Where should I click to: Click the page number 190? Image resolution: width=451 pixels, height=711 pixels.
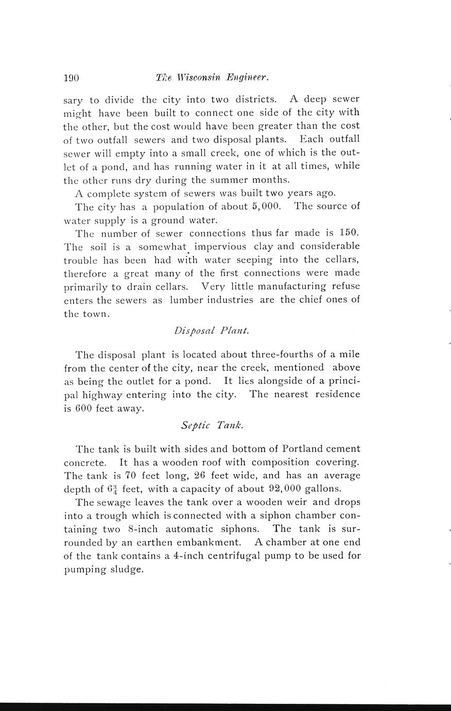71,78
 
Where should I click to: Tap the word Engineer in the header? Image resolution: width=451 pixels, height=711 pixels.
249,78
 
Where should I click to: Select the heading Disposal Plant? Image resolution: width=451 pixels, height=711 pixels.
212,331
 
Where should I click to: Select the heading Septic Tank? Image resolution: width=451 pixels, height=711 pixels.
212,426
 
